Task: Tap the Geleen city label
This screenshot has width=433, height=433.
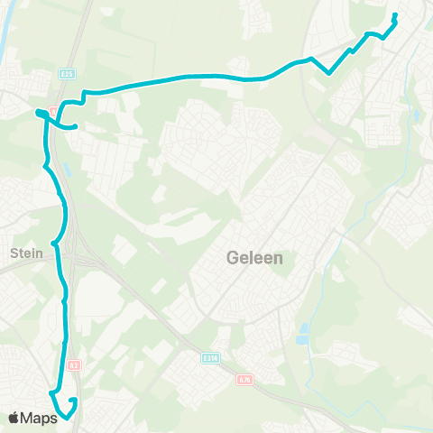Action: (x=253, y=259)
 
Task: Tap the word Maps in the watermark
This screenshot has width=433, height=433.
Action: (x=41, y=418)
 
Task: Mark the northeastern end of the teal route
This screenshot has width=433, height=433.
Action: (x=395, y=15)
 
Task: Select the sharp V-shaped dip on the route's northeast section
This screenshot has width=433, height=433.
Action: (x=331, y=72)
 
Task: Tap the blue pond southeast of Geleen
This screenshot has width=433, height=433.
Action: (x=302, y=329)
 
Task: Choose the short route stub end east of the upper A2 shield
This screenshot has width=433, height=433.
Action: (x=77, y=126)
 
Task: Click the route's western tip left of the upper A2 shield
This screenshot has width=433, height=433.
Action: (x=38, y=112)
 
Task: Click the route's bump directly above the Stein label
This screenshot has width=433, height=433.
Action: (x=55, y=243)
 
